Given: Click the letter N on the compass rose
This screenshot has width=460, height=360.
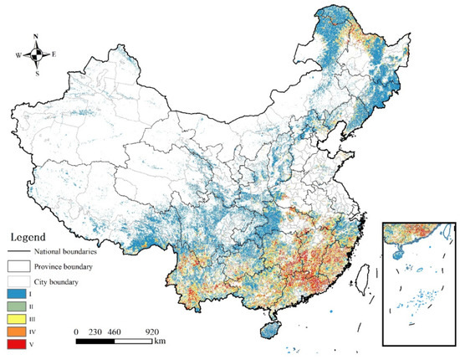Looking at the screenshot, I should [x=35, y=38].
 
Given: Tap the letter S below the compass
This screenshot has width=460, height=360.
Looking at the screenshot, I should [x=35, y=74].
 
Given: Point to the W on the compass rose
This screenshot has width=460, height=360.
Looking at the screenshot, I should [x=18, y=56].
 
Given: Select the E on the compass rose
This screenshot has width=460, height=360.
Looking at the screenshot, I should [x=54, y=56].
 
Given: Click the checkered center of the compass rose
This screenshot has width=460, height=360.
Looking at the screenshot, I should [x=35, y=56].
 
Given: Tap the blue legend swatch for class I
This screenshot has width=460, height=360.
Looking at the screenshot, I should [x=18, y=295].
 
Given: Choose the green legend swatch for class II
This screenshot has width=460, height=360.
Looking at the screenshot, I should [x=18, y=307].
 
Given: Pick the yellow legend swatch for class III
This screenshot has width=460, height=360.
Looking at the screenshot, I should [x=18, y=319].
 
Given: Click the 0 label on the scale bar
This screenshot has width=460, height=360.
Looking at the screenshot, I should [x=76, y=331].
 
